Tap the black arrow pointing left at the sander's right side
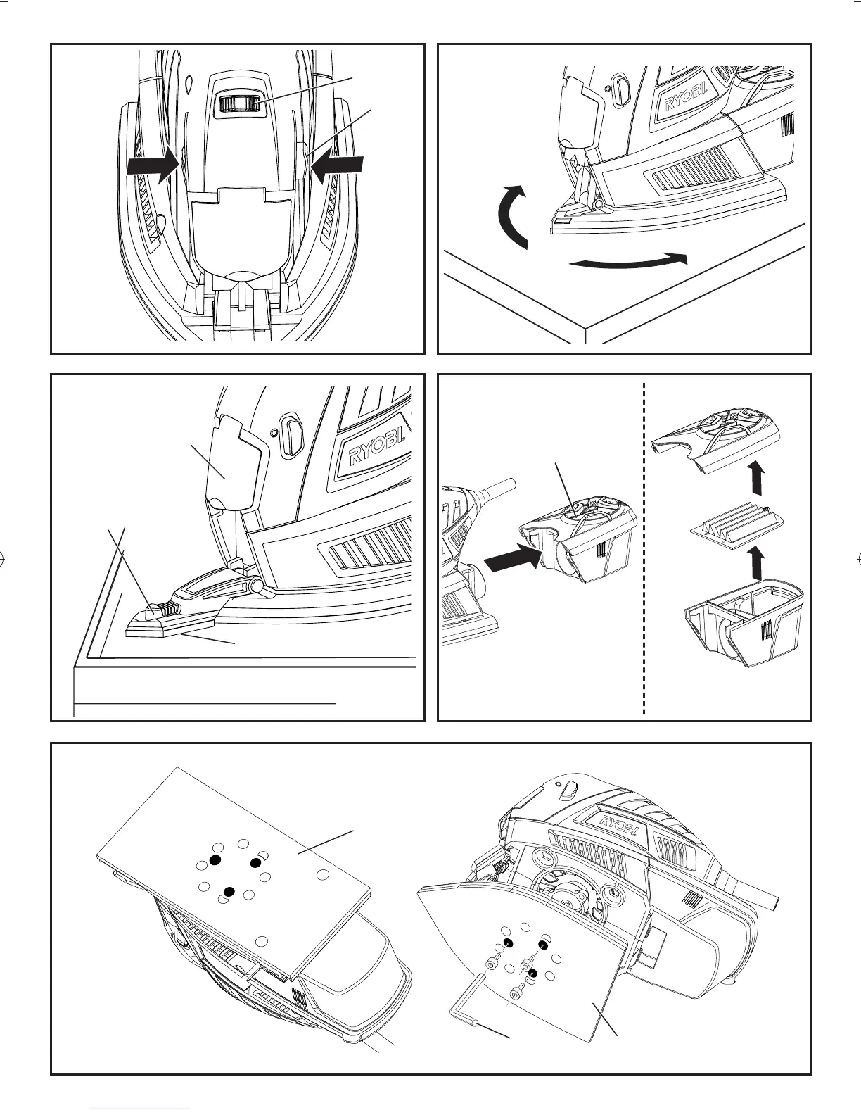click(x=338, y=166)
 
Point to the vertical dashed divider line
click(x=644, y=549)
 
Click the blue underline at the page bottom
click(x=141, y=1109)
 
